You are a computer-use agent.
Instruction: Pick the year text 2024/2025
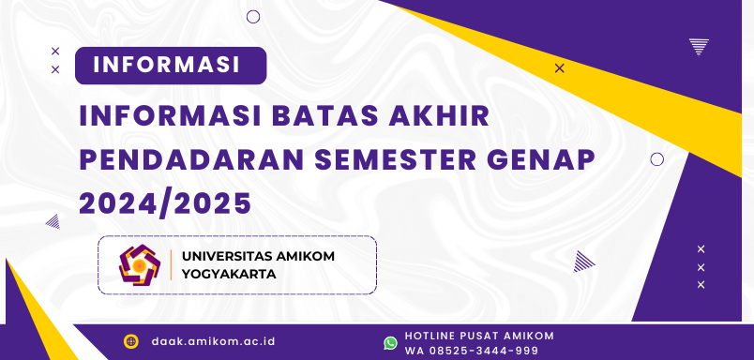click(x=165, y=202)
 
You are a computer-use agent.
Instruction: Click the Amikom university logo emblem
click(x=140, y=265)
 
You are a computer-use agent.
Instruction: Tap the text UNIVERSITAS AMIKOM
click(x=258, y=256)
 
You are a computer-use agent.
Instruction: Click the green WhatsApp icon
click(x=390, y=343)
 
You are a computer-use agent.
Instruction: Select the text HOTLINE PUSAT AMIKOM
click(x=478, y=336)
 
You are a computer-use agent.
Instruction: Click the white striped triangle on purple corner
click(x=699, y=46)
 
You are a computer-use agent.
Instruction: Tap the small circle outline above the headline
click(x=252, y=16)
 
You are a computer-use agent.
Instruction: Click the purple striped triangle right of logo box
click(x=583, y=261)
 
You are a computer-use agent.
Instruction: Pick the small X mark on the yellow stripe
click(x=560, y=67)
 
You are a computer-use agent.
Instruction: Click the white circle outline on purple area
click(x=656, y=159)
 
